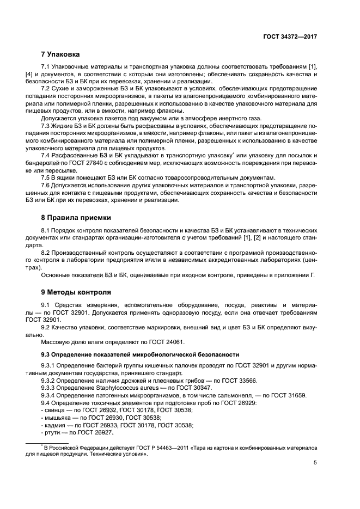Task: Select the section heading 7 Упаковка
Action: click(x=60, y=54)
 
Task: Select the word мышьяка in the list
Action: click(x=58, y=418)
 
